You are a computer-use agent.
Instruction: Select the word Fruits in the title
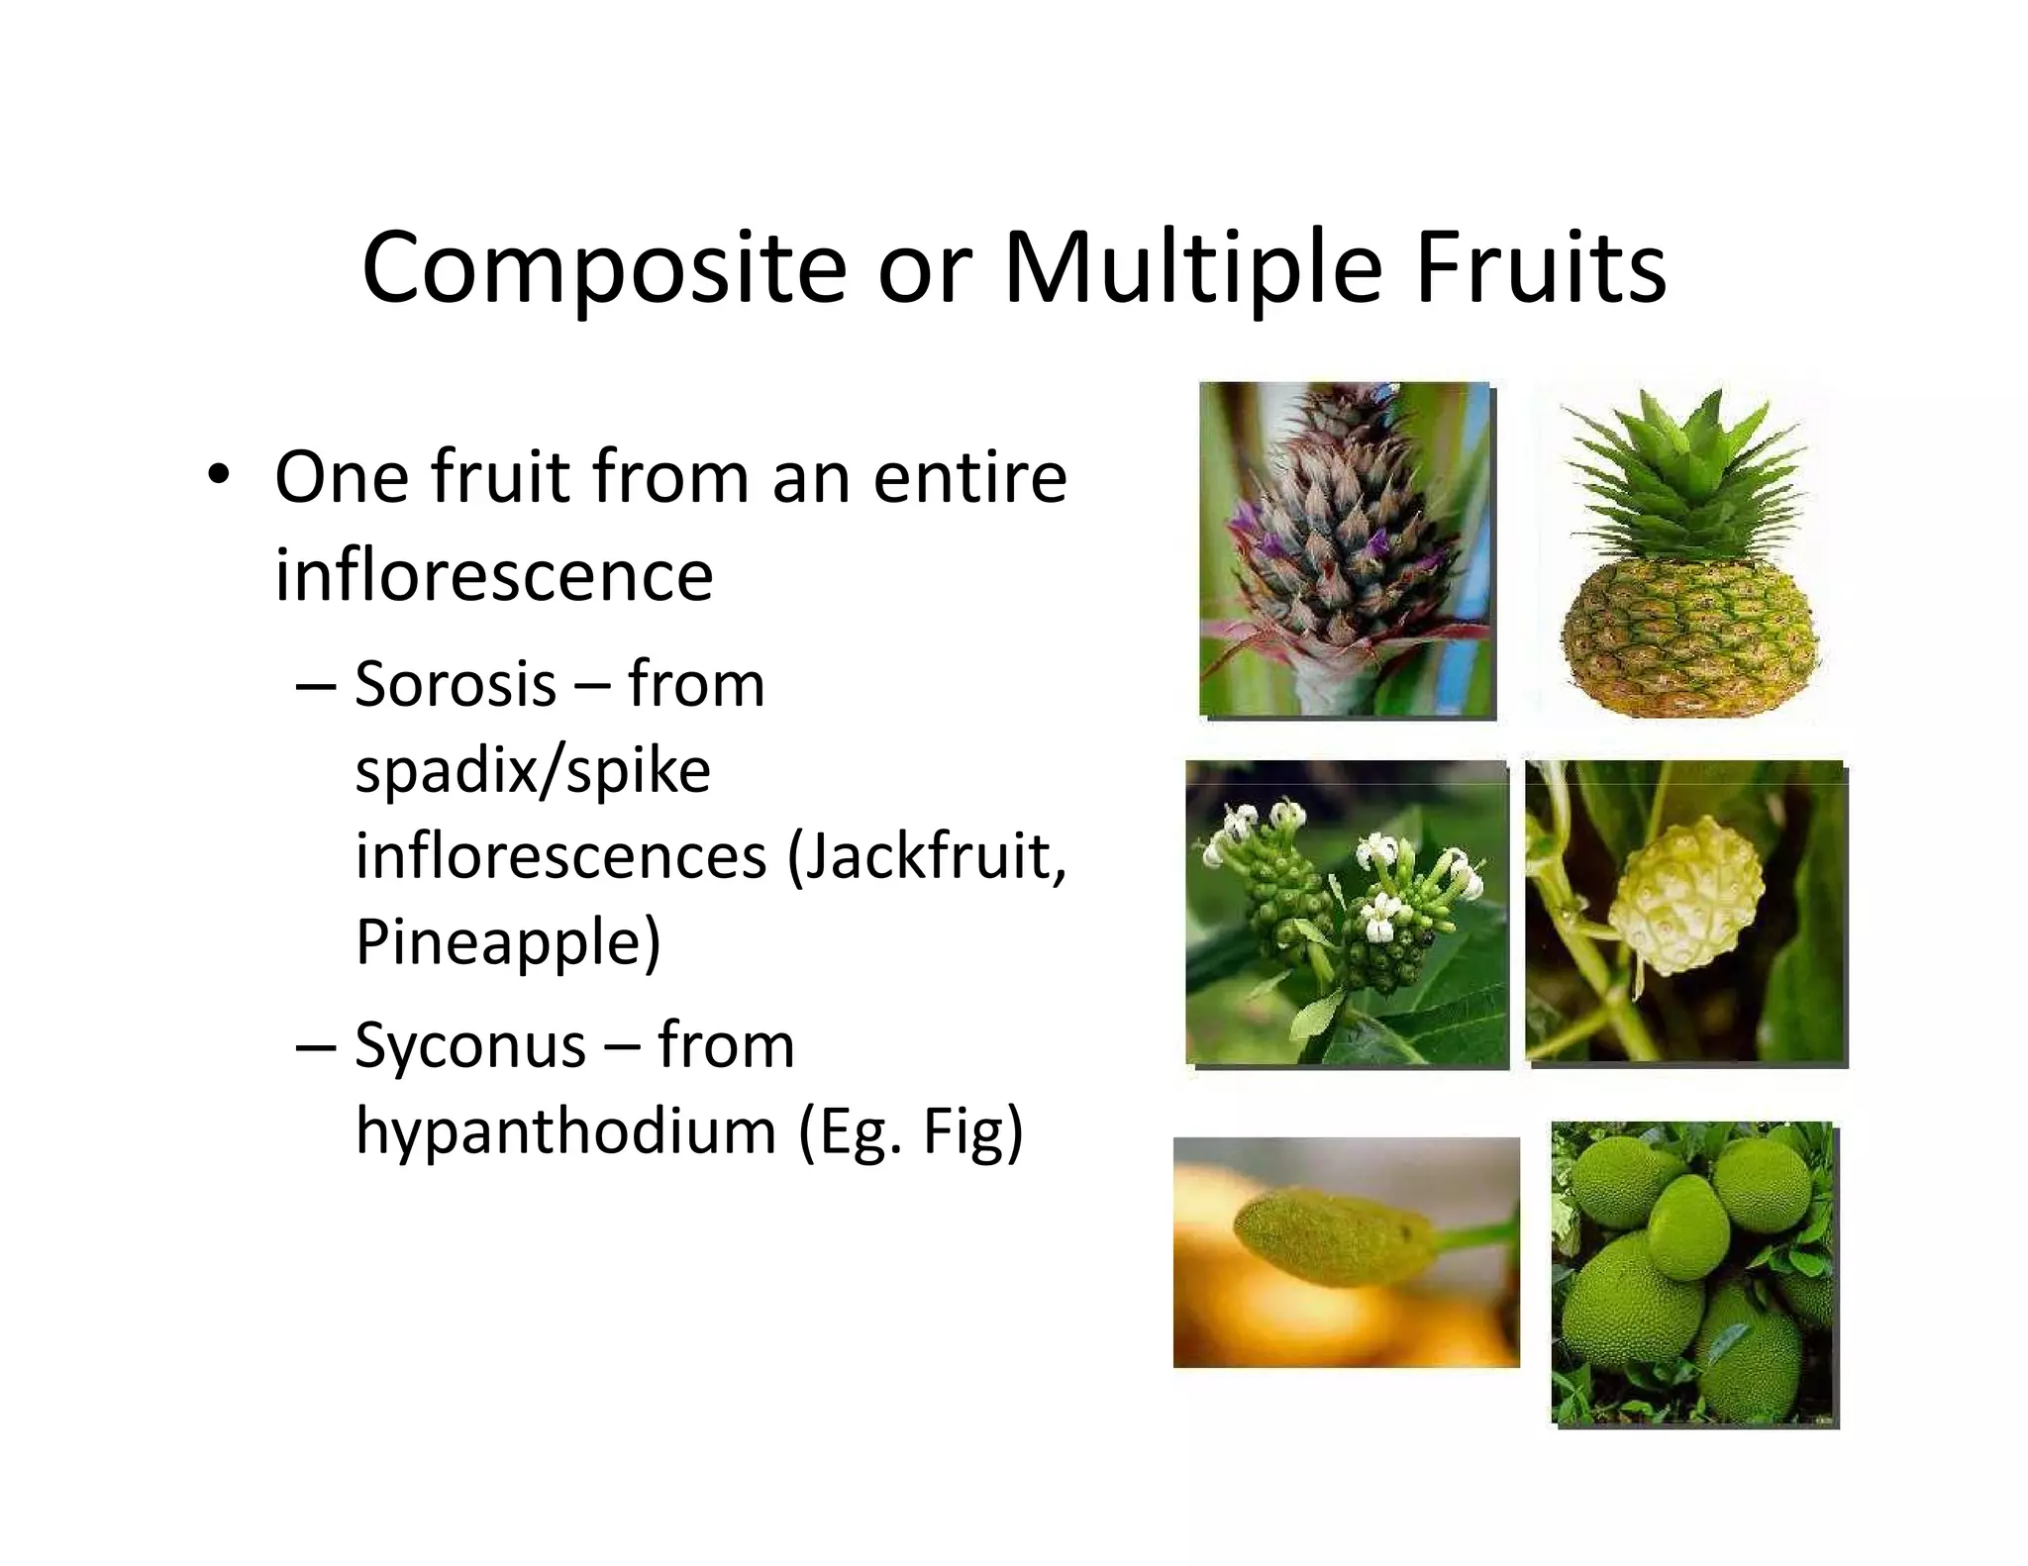(1541, 267)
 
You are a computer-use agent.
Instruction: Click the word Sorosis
(456, 684)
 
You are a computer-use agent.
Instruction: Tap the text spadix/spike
(533, 771)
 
